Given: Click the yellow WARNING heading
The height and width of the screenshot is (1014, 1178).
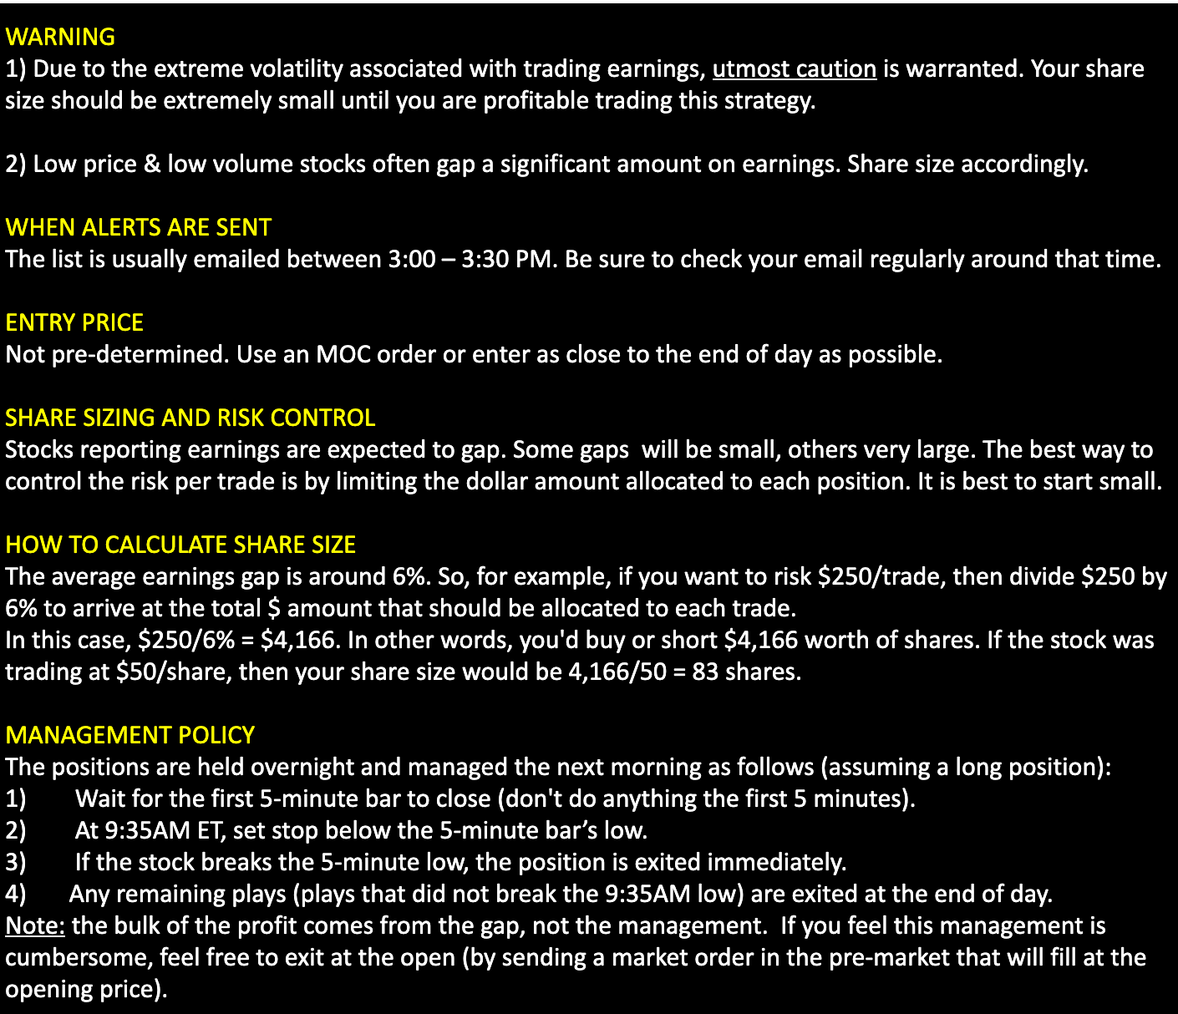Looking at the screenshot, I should [x=60, y=37].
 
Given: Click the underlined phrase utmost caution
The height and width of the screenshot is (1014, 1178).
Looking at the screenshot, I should [x=794, y=68].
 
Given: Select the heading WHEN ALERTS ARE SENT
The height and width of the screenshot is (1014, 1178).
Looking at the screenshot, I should [x=138, y=227].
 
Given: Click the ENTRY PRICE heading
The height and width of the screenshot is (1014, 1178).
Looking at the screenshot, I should [x=74, y=322].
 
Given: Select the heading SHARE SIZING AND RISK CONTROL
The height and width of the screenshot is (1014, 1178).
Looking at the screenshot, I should [x=190, y=418].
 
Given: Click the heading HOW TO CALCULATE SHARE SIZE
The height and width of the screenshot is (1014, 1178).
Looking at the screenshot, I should [x=180, y=545].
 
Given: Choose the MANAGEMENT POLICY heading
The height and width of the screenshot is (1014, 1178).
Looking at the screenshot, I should [x=129, y=735].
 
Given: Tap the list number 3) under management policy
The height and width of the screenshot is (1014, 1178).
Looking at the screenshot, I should [x=16, y=862].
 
